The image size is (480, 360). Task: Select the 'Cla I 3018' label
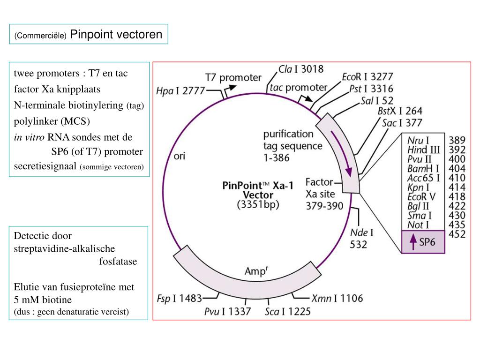(301, 69)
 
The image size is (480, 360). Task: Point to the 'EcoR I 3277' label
(367, 76)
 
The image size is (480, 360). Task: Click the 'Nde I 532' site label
(362, 238)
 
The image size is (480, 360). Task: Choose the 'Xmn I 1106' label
(337, 298)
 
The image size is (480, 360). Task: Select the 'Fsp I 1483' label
(179, 298)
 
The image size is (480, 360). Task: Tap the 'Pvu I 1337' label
(227, 311)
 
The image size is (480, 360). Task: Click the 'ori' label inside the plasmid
(180, 156)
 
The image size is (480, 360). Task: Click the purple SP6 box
(423, 242)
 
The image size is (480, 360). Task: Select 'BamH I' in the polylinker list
(423, 168)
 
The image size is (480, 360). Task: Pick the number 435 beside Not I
(457, 225)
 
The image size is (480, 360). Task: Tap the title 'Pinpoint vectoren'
(116, 34)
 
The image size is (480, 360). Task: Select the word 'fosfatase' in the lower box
(118, 262)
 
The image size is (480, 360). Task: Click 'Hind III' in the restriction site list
(424, 150)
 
